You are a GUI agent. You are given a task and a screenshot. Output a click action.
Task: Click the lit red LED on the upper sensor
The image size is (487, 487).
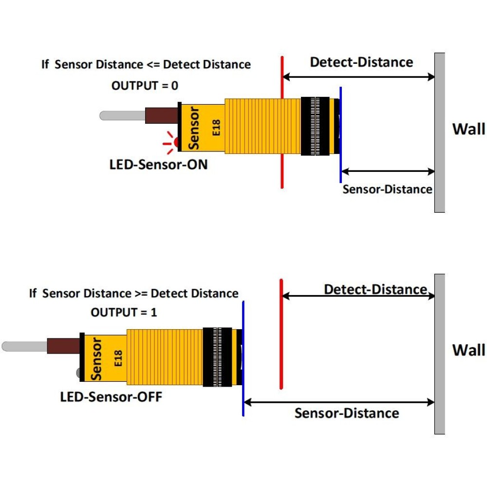click(176, 143)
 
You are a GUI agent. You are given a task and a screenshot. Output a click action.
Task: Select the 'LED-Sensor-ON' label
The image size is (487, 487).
click(158, 164)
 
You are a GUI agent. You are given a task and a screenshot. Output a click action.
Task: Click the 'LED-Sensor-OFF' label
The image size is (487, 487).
click(111, 396)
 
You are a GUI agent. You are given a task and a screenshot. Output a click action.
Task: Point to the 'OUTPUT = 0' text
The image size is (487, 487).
click(145, 86)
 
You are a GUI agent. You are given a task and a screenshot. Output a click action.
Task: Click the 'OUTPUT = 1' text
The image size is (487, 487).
click(124, 312)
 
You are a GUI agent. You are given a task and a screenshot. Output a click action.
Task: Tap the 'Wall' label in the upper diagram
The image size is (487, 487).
click(468, 129)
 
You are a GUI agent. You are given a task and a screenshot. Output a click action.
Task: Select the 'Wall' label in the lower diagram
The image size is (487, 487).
click(468, 350)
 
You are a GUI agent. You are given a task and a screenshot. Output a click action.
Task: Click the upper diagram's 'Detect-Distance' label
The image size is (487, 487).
click(361, 62)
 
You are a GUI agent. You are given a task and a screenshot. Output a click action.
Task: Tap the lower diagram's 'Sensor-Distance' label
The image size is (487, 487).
click(347, 413)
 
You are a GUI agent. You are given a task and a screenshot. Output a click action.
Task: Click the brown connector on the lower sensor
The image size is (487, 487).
click(63, 346)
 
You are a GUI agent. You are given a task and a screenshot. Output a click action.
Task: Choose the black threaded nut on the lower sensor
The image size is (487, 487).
click(217, 357)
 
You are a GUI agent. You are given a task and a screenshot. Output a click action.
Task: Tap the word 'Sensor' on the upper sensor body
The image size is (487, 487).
click(194, 128)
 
